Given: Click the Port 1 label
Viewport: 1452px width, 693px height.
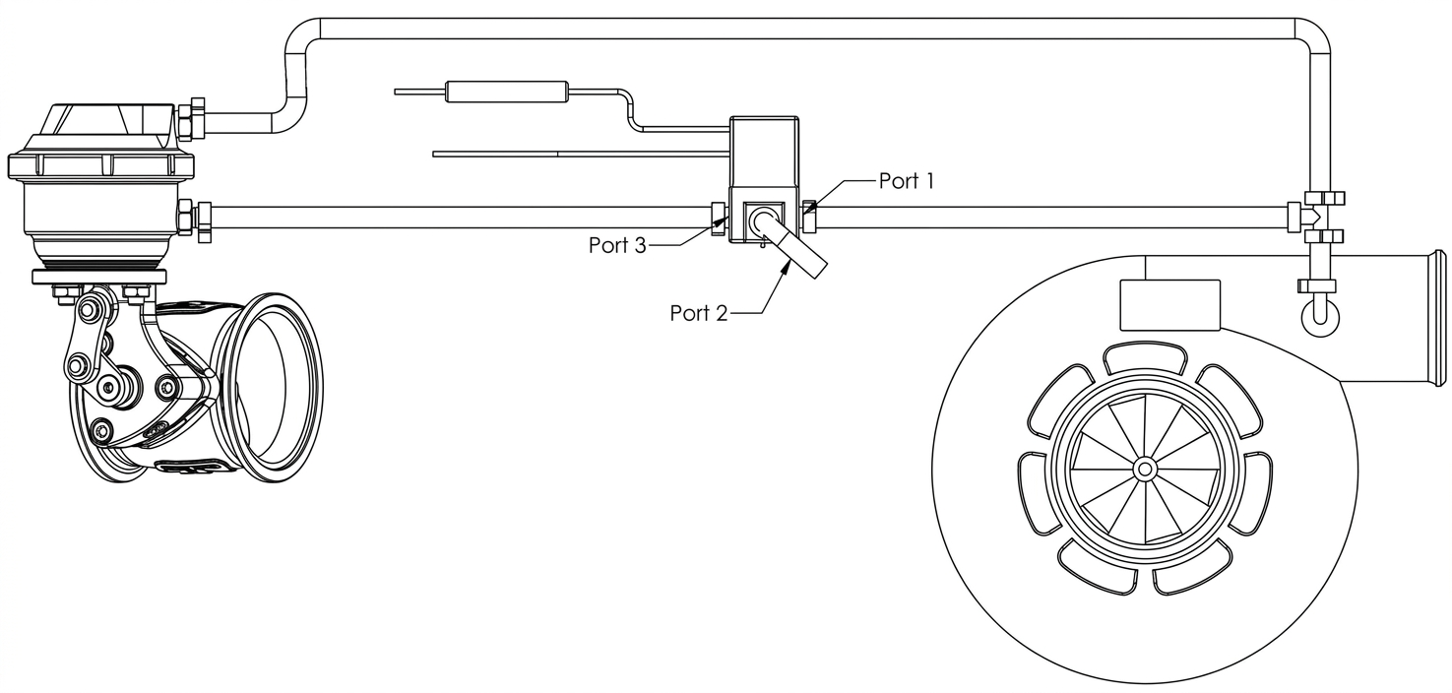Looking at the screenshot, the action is tap(907, 181).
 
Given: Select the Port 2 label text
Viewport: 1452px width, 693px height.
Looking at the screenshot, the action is tap(699, 313).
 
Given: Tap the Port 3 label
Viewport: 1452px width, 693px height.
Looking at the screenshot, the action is tap(617, 245).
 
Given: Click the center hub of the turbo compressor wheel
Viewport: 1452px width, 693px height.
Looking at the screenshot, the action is tap(1145, 469).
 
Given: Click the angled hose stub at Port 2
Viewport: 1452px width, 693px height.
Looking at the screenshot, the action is tap(796, 249).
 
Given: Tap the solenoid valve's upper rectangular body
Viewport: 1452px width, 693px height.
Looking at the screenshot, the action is tap(764, 152).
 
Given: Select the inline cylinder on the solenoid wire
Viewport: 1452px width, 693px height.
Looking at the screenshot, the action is tap(507, 93).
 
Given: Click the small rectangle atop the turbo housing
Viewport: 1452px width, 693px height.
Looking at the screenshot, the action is tap(1170, 305).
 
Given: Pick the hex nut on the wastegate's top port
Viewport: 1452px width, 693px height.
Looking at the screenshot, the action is tap(191, 119).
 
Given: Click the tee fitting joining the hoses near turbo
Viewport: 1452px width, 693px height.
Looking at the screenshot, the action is tap(1316, 218).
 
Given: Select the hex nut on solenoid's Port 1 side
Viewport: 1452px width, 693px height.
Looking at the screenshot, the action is tap(809, 217).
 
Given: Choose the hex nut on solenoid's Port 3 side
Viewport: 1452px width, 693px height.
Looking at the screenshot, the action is tap(719, 220).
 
